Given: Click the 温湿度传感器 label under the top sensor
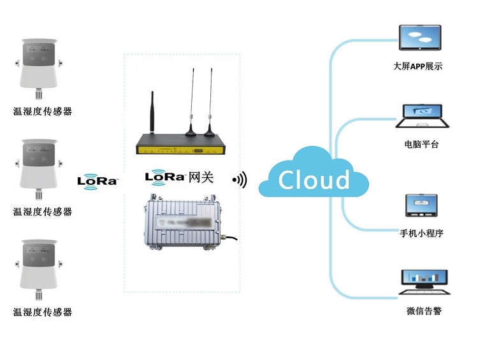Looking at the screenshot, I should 43,112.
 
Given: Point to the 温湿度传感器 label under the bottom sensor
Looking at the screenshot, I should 43,312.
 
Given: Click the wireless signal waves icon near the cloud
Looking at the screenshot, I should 240,180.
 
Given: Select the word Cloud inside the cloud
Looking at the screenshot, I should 314,180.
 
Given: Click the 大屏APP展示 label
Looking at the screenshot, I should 418,66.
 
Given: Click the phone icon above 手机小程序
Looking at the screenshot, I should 421,206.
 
